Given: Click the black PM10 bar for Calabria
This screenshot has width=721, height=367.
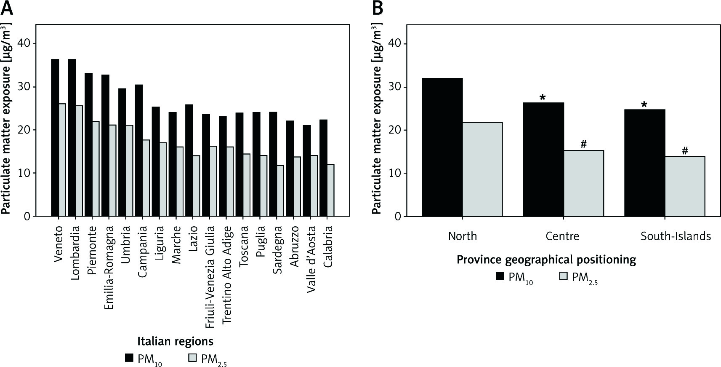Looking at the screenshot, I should point(323,168).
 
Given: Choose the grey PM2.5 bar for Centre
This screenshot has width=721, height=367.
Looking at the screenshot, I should point(584,183).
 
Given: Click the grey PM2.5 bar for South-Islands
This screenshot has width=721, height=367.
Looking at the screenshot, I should point(685,186).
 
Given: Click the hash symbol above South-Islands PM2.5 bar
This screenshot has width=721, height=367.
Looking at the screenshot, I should point(685,151).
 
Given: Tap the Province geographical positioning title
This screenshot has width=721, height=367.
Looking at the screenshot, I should point(546,260).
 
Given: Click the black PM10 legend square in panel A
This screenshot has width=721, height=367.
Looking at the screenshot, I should point(129,358).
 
